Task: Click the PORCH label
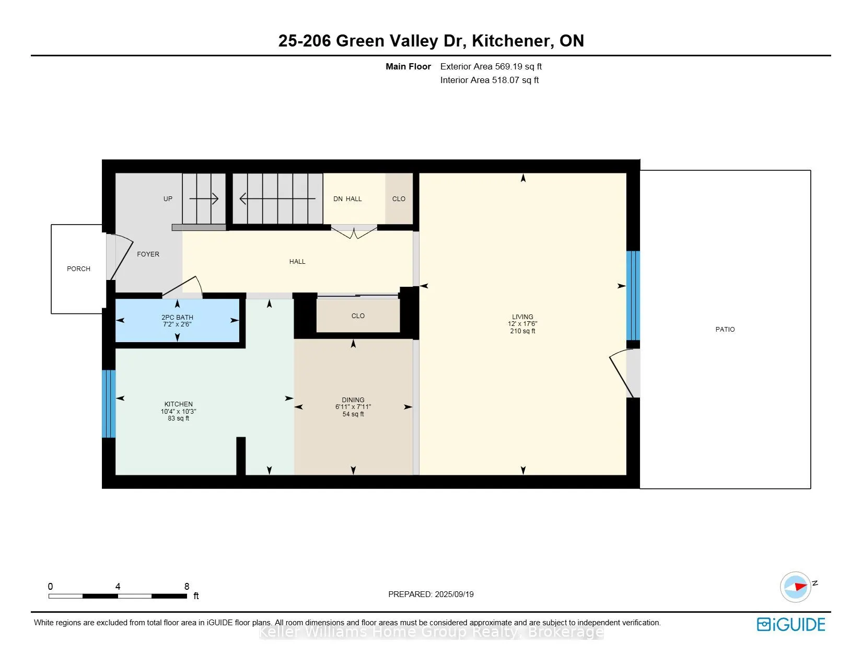pos(78,269)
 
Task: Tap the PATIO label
pos(725,329)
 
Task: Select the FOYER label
pos(148,254)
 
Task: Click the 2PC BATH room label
pos(177,318)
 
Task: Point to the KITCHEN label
pos(179,404)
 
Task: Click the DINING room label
pos(353,400)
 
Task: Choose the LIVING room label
pos(522,317)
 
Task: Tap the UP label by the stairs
pos(168,198)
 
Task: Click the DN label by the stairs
pos(338,198)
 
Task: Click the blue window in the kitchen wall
pos(109,404)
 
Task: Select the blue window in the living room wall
pos(633,296)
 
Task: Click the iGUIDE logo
pos(791,624)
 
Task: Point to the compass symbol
pos(796,587)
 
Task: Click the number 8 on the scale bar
pos(187,586)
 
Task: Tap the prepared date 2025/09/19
pos(454,594)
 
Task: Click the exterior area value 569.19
pos(508,67)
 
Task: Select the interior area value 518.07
pos(506,80)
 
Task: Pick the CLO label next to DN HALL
pos(399,198)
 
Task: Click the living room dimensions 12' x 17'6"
pos(522,324)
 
